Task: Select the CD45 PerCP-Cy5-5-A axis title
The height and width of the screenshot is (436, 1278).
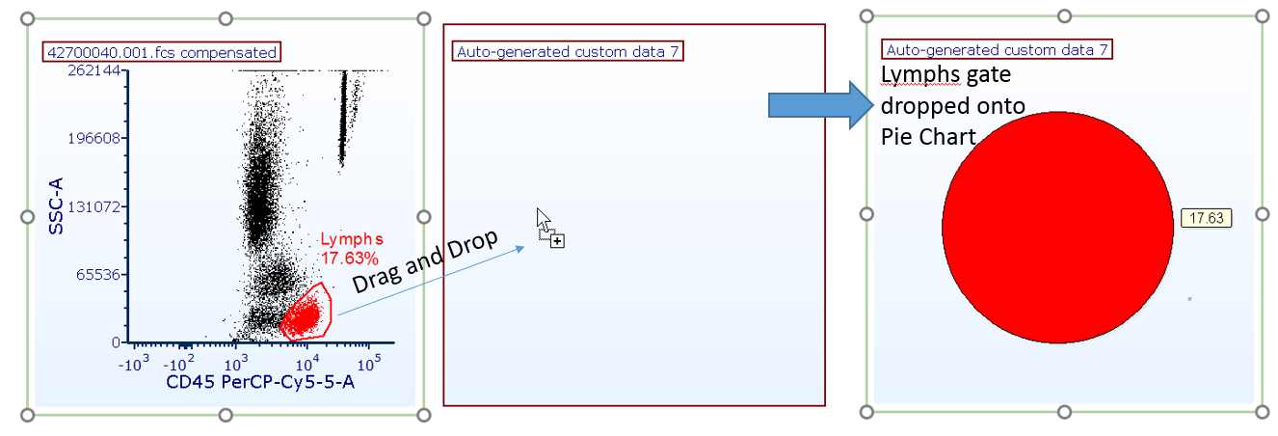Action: [260, 384]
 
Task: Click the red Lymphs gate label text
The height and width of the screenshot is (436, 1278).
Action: [352, 239]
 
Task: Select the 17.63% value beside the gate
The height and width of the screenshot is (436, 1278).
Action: [350, 258]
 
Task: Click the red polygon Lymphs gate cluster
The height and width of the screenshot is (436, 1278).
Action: [306, 313]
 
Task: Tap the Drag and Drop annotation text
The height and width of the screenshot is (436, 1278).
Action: [424, 262]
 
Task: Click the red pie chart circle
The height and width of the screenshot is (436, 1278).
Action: [1056, 228]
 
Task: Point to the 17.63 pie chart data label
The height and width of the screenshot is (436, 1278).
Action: [1206, 218]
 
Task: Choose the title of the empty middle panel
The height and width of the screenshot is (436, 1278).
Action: [567, 51]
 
